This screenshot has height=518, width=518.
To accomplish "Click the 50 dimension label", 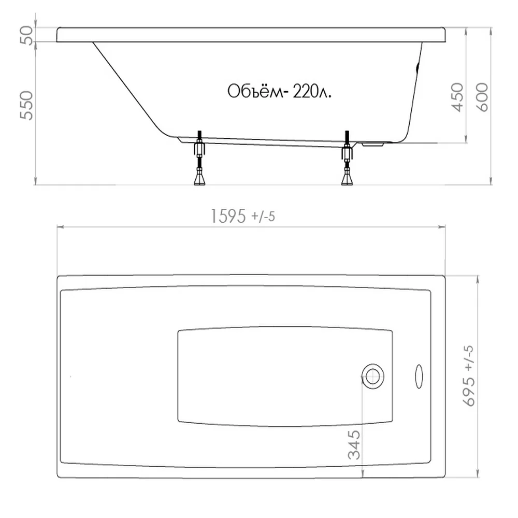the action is pos(27,35).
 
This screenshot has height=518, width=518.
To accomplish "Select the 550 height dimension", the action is pos(27,105).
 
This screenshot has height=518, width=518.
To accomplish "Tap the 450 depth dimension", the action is pos(457,97).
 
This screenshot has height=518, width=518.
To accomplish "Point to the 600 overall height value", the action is pos(482,97).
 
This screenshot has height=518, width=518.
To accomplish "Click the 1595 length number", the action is pos(228,217).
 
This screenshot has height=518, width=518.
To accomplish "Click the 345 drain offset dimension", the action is pos(354,444).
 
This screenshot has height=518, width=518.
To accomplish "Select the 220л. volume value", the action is pos(312,91).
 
